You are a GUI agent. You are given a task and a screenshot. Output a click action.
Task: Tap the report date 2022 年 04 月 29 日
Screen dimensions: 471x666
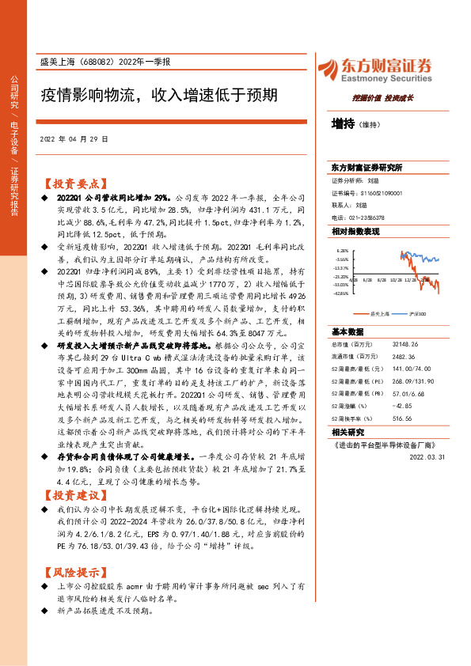(x=85, y=138)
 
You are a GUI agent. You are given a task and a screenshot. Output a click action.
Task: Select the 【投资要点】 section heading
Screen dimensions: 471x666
(x=72, y=180)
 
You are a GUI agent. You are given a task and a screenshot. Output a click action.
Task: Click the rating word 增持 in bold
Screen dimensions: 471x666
(x=343, y=123)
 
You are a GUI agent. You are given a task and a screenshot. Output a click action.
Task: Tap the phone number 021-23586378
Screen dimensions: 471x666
(x=368, y=218)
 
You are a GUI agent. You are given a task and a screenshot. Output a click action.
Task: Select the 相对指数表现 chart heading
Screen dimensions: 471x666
(x=355, y=230)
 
